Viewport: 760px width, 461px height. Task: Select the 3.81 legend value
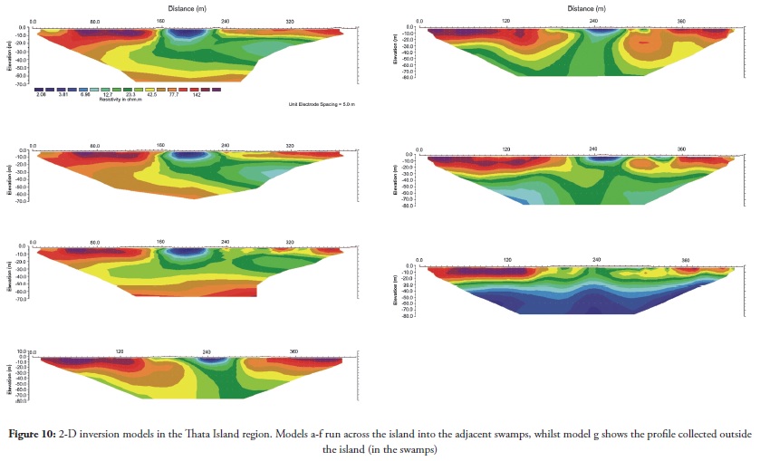[63, 94]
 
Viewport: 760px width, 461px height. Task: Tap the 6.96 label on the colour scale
[85, 94]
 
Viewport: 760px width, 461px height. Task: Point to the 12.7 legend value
[108, 94]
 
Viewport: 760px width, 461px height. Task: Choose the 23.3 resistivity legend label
[130, 94]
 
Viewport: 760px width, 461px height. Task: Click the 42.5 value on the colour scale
[152, 94]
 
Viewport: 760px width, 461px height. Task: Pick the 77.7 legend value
[174, 94]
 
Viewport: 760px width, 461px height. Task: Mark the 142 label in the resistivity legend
[196, 94]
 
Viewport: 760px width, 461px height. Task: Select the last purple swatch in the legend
[216, 89]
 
